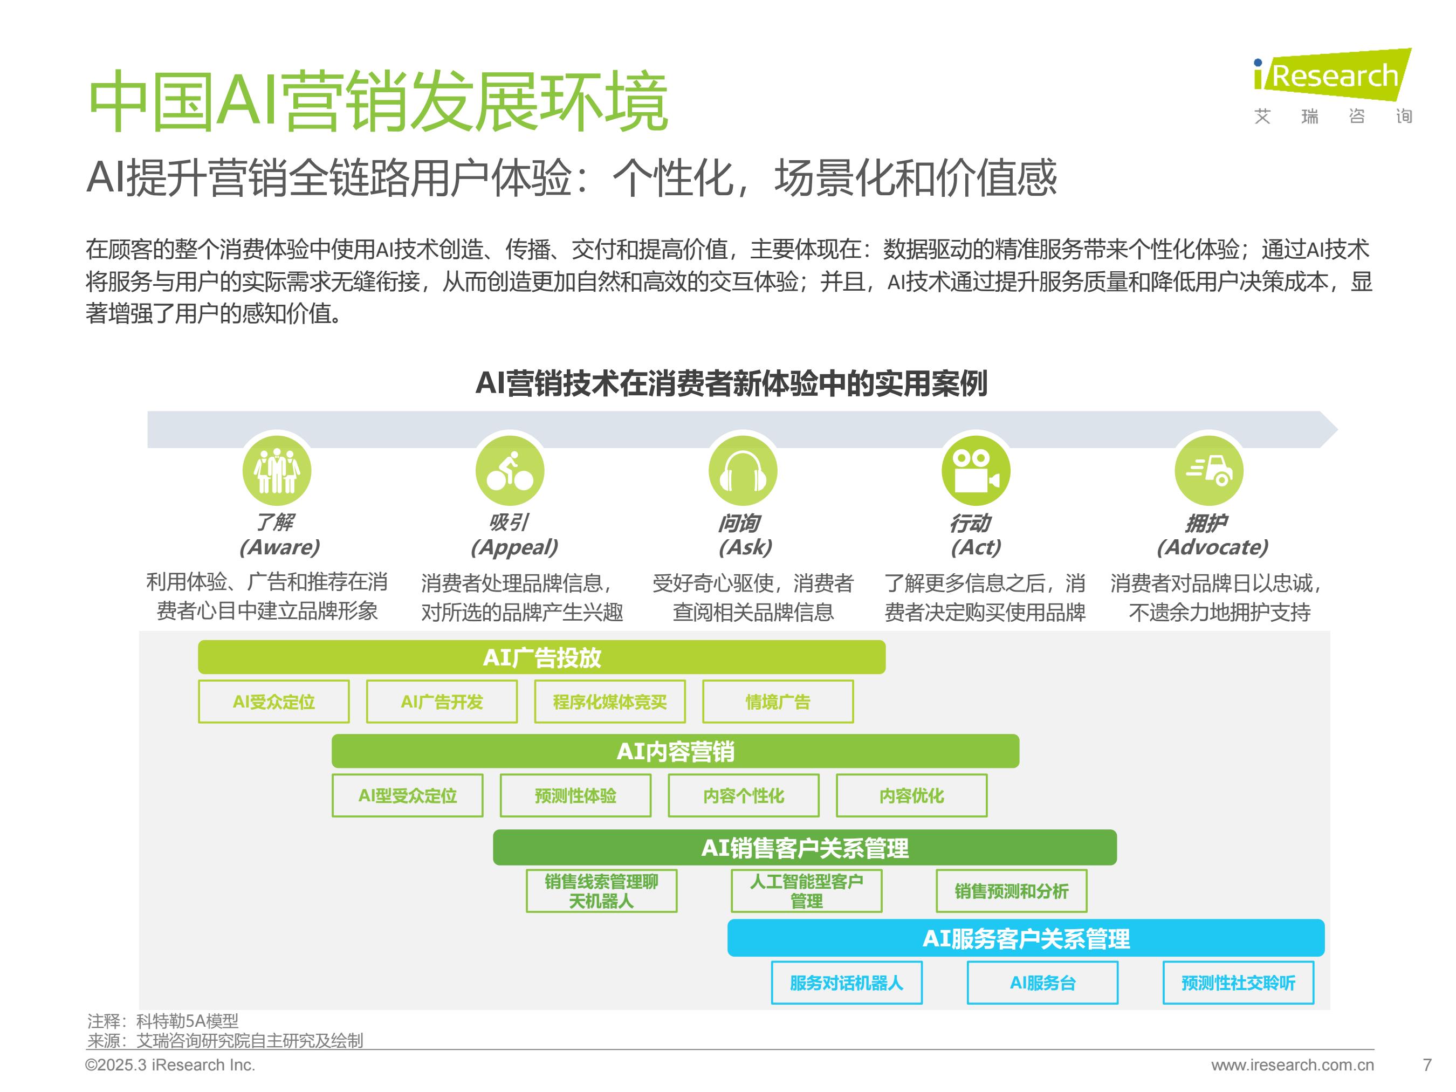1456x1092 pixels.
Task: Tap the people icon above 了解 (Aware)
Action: pos(277,471)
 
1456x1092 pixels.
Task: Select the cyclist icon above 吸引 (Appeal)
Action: pos(510,471)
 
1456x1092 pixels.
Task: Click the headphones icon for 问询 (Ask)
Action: pos(743,471)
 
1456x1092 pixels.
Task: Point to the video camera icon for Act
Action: pos(976,471)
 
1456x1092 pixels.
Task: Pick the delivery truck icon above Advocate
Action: pos(1209,471)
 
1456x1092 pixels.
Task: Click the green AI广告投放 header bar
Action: pos(542,657)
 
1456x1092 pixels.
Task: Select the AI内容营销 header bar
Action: pos(675,751)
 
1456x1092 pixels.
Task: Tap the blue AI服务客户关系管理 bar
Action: pos(1026,938)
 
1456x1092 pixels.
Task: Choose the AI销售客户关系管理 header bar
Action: pos(805,848)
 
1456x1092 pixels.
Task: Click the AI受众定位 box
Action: pos(274,702)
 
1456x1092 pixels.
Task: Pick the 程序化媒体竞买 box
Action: pos(610,702)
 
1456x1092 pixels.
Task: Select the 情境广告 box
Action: pos(778,702)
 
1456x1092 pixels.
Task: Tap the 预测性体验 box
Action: pos(576,796)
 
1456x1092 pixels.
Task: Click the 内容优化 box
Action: pos(912,796)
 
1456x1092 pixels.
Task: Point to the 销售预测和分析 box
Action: pos(1012,891)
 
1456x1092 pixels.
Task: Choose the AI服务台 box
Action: pos(1042,983)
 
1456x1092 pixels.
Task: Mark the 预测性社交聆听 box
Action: pos(1238,983)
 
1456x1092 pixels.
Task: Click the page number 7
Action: pos(1427,1064)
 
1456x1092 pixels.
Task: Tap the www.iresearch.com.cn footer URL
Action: pos(1293,1065)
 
